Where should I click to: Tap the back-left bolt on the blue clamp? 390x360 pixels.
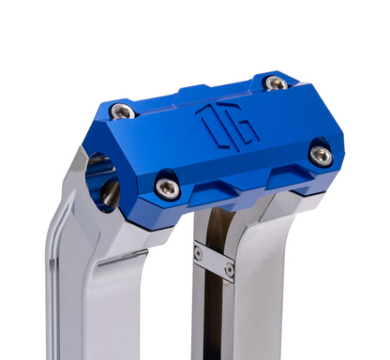click(122, 112)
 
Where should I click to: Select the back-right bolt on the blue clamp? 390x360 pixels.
click(275, 83)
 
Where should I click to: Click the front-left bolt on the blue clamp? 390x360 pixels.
click(168, 188)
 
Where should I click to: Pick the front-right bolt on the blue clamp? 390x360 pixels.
click(321, 155)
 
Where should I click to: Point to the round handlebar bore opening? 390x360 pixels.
click(102, 180)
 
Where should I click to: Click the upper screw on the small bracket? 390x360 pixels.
click(198, 253)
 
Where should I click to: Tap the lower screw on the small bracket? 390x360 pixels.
click(230, 269)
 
